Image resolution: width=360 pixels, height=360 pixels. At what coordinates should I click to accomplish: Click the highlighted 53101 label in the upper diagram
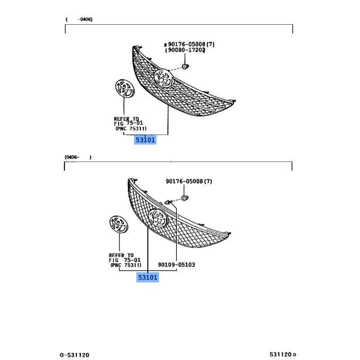tap(145, 140)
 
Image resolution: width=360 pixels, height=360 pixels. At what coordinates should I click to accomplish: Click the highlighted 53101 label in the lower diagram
tap(148, 277)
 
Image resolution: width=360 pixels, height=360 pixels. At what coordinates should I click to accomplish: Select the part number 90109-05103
tap(176, 265)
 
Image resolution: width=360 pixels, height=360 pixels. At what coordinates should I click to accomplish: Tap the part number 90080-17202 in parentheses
tap(185, 50)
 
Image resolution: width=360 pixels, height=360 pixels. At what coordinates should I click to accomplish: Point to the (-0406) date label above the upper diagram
tap(79, 19)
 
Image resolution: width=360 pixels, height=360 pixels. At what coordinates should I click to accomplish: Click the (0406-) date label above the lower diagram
tap(78, 157)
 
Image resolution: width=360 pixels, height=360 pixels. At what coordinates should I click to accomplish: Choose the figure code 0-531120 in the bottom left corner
tap(74, 355)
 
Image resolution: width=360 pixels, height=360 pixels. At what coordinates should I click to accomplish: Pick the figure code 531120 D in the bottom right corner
tap(283, 355)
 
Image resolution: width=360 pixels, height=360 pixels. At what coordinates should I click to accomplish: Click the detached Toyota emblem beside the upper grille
tap(125, 88)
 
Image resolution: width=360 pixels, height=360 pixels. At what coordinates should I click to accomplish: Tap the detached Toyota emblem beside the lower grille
tap(119, 224)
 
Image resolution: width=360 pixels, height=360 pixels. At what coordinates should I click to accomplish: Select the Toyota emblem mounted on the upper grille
tap(163, 78)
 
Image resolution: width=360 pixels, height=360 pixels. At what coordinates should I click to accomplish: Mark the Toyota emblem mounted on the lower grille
tap(158, 218)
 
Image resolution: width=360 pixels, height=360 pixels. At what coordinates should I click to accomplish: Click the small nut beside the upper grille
tap(185, 67)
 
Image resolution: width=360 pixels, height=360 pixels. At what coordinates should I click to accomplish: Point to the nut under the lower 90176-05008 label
tap(185, 198)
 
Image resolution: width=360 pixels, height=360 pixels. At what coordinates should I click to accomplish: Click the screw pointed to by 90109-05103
tap(168, 202)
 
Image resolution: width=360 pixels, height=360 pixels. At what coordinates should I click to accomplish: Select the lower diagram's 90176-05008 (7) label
tap(189, 181)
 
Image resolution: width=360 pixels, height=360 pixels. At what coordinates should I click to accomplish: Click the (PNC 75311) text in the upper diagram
tap(130, 129)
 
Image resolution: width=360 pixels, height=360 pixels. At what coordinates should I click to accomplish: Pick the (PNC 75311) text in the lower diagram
tap(126, 265)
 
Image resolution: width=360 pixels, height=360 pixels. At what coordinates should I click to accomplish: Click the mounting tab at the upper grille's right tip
tap(233, 101)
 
